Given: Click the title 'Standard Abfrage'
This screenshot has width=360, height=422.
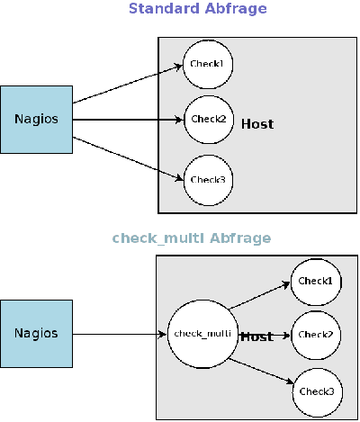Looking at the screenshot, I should [197, 9].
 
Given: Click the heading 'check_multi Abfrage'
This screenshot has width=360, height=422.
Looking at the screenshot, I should [191, 238].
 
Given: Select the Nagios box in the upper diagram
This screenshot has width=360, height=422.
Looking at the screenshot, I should [36, 119].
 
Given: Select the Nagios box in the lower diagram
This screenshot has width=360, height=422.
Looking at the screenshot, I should [36, 334].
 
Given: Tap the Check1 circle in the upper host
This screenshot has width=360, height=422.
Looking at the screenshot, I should [207, 63].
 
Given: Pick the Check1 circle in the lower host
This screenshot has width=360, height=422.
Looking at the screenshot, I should [316, 281].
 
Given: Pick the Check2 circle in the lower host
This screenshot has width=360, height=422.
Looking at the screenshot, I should [316, 335].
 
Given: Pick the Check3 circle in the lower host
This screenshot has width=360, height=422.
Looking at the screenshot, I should [316, 391].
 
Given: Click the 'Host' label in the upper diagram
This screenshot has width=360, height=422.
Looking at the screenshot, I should [257, 124].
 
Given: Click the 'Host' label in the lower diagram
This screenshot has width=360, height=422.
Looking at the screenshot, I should [256, 337].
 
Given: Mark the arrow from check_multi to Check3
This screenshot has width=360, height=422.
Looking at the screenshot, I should [261, 374].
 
